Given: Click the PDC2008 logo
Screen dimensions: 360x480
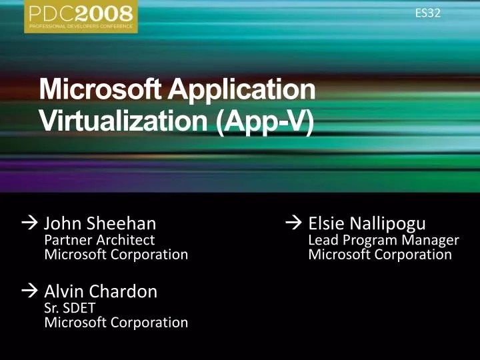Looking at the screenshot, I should click(x=81, y=16).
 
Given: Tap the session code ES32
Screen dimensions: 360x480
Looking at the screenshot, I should click(x=427, y=13).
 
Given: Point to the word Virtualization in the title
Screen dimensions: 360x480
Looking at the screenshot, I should click(x=125, y=123).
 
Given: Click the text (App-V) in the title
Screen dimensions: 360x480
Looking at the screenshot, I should click(x=265, y=123).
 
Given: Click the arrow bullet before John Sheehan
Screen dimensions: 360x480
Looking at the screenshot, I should click(x=30, y=223).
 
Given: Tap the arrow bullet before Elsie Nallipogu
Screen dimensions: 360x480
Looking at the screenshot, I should click(x=293, y=223).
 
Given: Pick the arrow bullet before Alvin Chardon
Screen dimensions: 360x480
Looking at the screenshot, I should click(x=30, y=292).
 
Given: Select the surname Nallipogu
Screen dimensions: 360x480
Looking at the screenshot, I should click(x=385, y=223).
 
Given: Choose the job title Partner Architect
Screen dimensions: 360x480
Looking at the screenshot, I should click(x=99, y=239).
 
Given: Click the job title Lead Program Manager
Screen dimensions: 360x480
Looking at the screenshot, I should click(x=384, y=239).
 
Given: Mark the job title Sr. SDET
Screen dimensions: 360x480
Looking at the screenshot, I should click(x=70, y=308).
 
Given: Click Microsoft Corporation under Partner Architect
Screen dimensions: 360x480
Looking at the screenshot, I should click(x=116, y=254).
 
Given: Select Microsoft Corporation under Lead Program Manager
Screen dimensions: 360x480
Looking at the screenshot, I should click(x=380, y=254).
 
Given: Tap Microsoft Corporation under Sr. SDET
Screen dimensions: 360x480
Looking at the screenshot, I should click(x=116, y=323).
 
